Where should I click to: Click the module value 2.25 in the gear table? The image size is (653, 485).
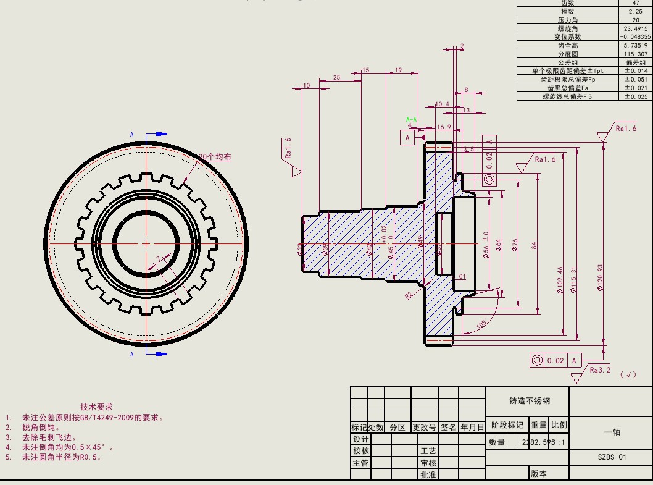click(x=636, y=11)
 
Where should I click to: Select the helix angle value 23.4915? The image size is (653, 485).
click(x=636, y=28)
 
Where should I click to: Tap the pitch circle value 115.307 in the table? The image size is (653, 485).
click(x=636, y=54)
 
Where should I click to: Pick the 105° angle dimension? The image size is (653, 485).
click(x=482, y=323)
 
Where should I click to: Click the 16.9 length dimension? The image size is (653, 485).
click(x=443, y=127)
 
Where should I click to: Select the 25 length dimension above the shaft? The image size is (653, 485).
click(x=337, y=78)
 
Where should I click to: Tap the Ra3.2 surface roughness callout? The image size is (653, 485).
click(x=600, y=370)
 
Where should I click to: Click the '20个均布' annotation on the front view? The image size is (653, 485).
click(x=215, y=158)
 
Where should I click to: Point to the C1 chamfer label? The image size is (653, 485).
click(x=462, y=277)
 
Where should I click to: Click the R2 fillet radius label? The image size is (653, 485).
click(x=409, y=295)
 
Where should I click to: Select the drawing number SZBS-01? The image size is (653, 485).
click(x=612, y=457)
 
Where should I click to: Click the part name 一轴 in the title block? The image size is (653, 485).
click(x=612, y=432)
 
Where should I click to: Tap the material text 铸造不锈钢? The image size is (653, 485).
click(x=529, y=401)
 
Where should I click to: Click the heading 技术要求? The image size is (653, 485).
click(x=96, y=407)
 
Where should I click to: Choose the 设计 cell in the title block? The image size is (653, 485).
click(x=360, y=439)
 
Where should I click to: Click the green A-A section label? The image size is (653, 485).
click(x=411, y=119)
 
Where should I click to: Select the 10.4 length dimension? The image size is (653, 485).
click(x=442, y=104)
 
